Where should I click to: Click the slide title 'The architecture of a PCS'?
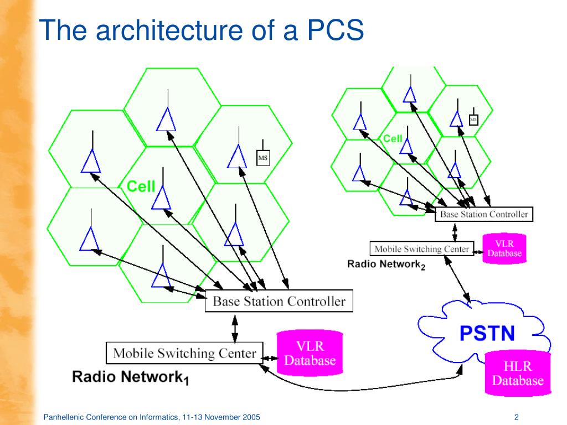point(201,30)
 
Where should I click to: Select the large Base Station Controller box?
point(279,300)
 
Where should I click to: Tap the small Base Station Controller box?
point(484,214)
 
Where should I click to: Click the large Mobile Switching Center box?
point(184,353)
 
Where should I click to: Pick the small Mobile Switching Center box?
point(421,248)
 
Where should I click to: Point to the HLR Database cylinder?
point(518,373)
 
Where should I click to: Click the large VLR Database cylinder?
point(310,353)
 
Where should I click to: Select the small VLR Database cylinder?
point(504,248)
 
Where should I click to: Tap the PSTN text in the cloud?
point(487,333)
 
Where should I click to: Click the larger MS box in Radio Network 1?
point(263,158)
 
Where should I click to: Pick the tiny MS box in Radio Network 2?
point(473,120)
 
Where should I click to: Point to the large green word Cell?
point(141,186)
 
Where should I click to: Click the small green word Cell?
point(393,138)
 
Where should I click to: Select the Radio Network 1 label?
point(131,377)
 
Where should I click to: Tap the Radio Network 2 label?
point(386,265)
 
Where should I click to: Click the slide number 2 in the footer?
point(517,417)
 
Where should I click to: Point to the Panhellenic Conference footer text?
point(152,417)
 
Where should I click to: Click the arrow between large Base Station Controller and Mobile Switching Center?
point(235,329)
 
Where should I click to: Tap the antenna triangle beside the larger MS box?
point(237,157)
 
